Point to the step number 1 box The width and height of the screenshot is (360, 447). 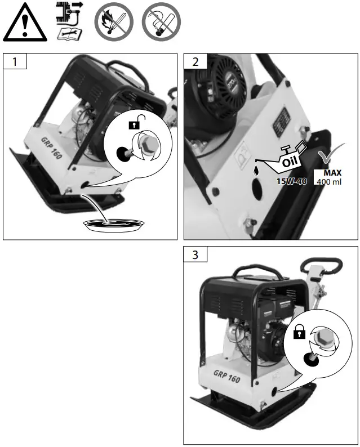15,61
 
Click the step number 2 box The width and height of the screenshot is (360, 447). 195,62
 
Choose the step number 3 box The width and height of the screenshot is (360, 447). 195,255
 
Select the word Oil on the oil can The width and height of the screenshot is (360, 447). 289,160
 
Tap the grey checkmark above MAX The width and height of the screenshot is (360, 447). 327,156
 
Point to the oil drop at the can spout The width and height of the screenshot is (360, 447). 257,168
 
